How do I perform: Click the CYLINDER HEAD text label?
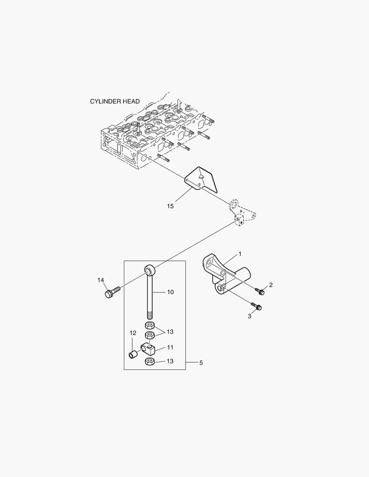coord(115,101)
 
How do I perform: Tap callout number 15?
coord(170,206)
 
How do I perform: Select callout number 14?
coord(101,280)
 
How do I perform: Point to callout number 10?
coord(170,292)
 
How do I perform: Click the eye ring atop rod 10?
coord(149,269)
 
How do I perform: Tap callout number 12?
coord(133,333)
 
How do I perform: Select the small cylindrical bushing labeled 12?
coord(132,354)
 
